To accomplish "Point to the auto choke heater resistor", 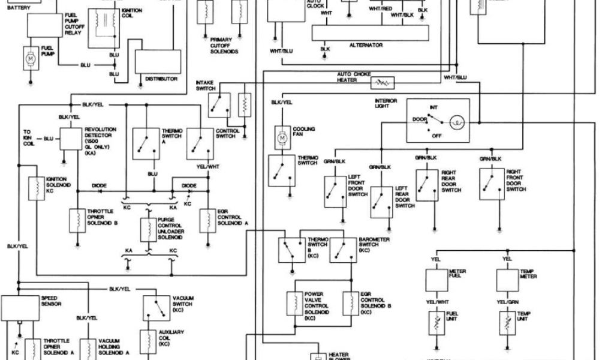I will point(383,81).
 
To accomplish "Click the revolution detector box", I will point(71,139).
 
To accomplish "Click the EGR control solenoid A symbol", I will point(207,220).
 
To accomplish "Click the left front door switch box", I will point(335,191).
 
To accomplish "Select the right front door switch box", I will point(492,184).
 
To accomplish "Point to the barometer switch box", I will point(344,248).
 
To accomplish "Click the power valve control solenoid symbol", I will point(295,302).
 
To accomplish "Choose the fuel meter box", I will point(437,279).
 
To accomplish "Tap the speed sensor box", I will point(20,307).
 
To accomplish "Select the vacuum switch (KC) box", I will point(156,308).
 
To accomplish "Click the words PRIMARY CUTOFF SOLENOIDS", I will point(224,46).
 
